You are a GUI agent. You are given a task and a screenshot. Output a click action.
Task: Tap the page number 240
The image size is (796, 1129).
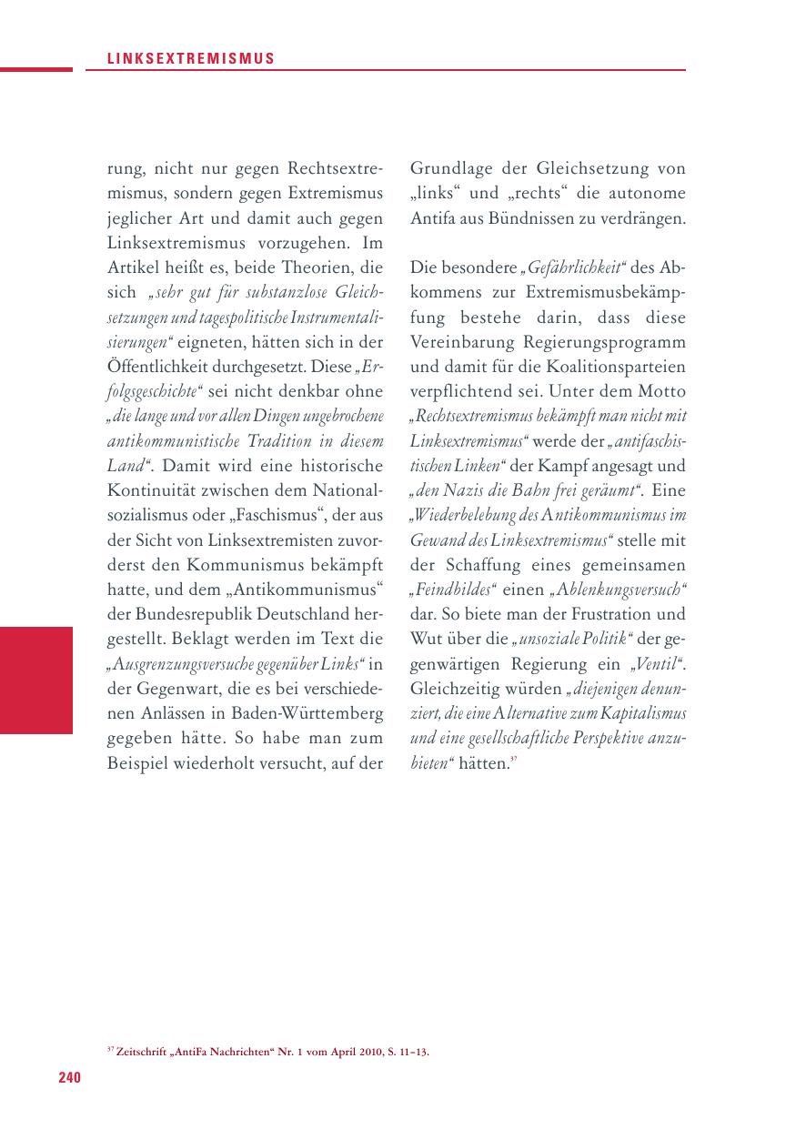click(x=70, y=1078)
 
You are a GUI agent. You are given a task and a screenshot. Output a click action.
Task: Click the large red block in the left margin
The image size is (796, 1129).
click(x=36, y=680)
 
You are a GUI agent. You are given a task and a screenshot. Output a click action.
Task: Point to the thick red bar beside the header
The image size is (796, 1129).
click(x=36, y=69)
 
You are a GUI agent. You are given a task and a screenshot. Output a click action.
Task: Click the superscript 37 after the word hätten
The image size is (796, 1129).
click(x=513, y=758)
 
